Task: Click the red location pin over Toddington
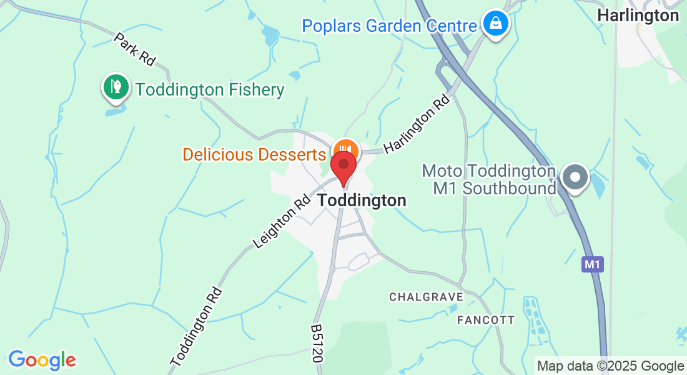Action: coord(343,166)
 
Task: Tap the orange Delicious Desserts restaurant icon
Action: coord(345,149)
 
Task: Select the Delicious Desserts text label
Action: coord(255,154)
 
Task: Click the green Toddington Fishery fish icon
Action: coord(116,86)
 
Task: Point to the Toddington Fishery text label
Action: coord(210,90)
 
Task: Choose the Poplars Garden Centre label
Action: coord(389,26)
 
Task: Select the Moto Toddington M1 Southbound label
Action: coord(489,179)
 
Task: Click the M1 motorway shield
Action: coord(592,264)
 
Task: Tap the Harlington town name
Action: coord(638,16)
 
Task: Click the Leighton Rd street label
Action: coord(282,221)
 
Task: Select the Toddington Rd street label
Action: coord(196,326)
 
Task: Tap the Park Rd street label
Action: coord(134,49)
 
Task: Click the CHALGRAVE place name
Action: coord(426,297)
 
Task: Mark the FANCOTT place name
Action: coord(486,320)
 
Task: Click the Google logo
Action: coord(42,360)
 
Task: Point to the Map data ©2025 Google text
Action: coord(610,366)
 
